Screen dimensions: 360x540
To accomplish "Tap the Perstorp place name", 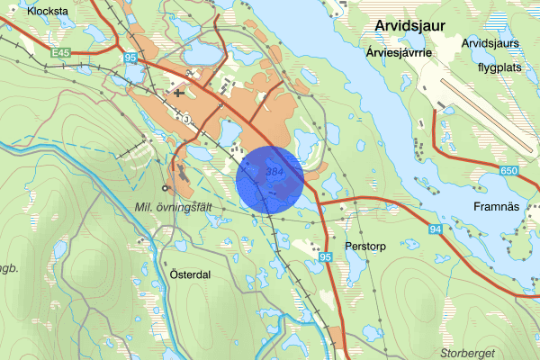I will point(365,245).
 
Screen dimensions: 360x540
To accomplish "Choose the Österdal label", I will point(190,274).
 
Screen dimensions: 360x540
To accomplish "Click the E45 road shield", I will point(61,54).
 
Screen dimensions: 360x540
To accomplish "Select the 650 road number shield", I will point(508,170).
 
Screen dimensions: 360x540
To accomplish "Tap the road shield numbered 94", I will point(435,230).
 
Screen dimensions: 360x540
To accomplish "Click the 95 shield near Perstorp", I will point(326,257).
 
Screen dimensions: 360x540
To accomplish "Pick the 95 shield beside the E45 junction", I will point(130,58).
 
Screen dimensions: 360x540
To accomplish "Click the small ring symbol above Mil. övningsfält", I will point(164,188).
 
